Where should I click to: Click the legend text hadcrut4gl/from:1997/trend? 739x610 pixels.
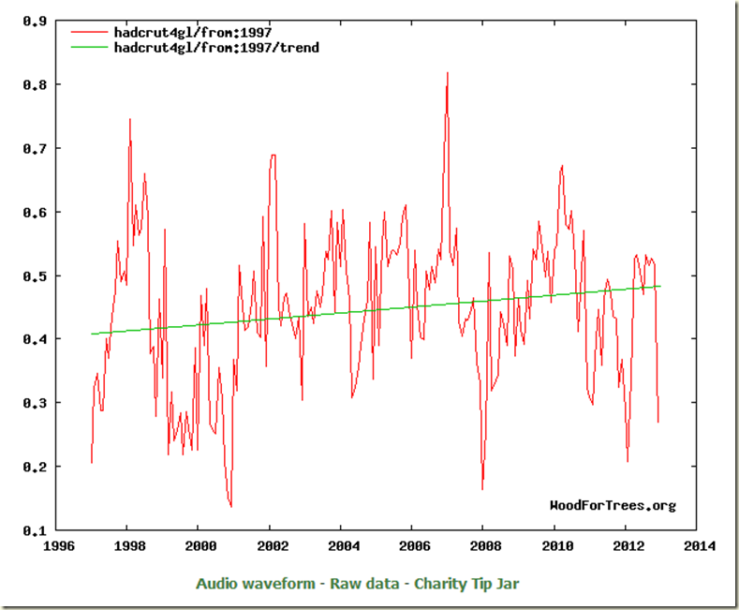216,46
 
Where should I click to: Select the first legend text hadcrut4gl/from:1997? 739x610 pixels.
193,32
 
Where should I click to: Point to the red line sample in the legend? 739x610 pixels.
89,32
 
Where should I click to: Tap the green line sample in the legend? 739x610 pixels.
89,46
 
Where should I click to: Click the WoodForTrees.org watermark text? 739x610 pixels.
612,506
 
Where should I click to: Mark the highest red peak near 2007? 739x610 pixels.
448,72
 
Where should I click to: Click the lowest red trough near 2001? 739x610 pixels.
230,507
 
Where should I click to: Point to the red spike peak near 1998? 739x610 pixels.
129,119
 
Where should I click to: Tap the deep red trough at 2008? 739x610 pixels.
482,489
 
